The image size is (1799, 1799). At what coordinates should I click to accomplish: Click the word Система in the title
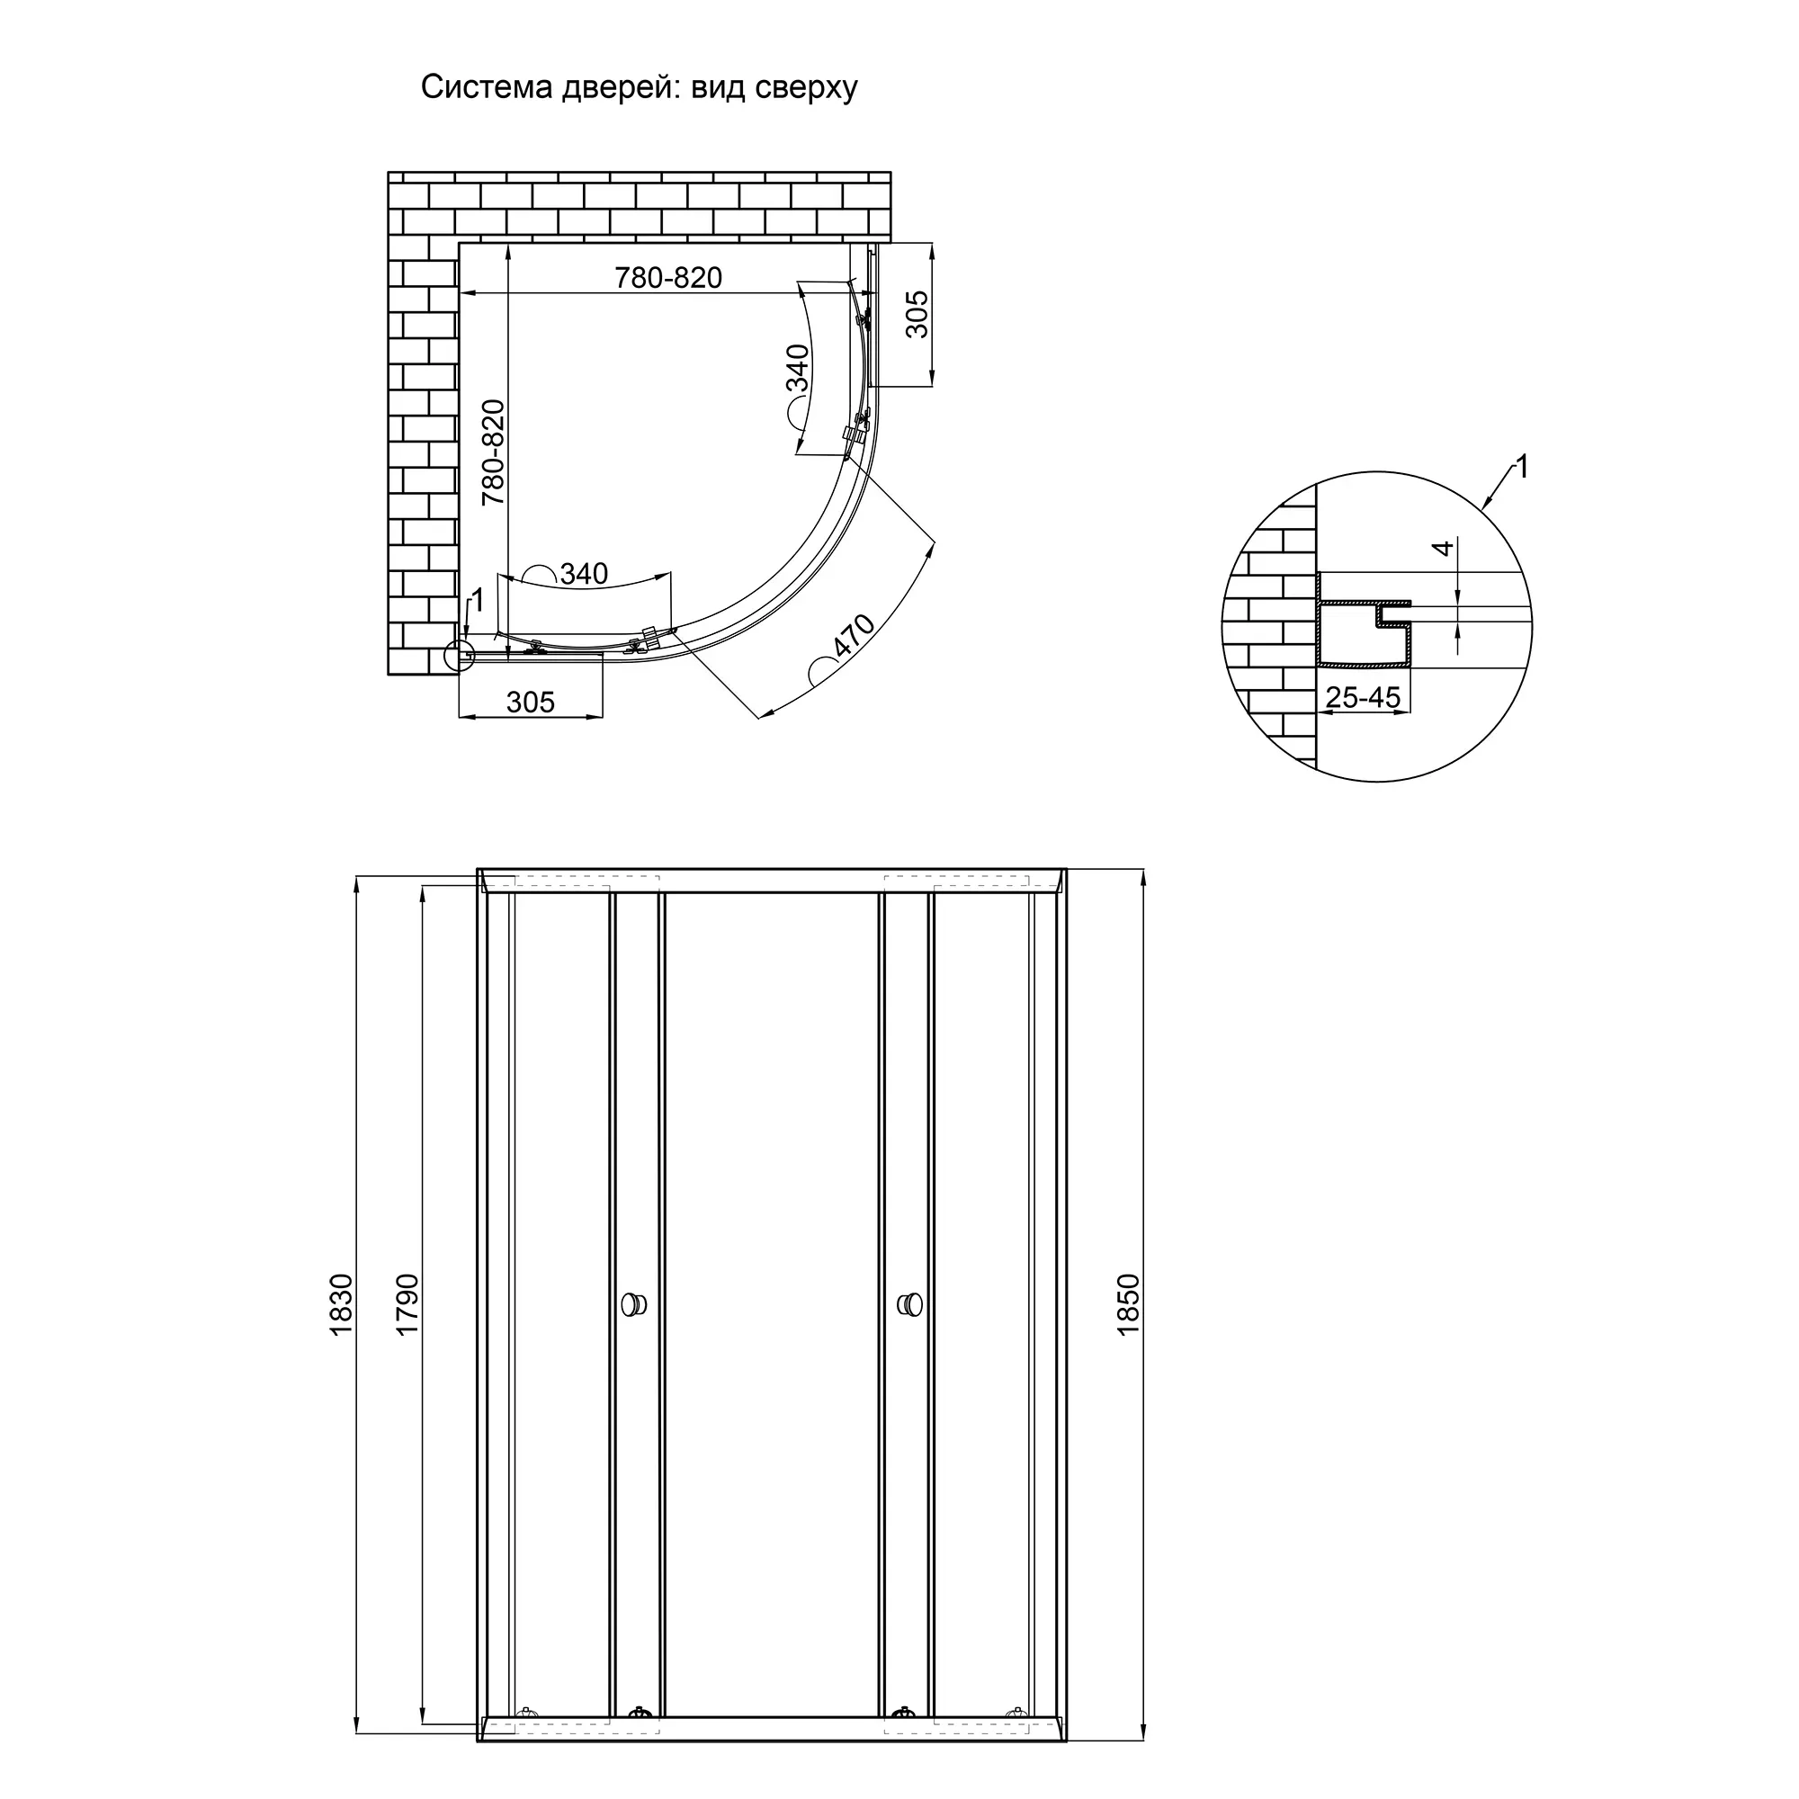click(487, 86)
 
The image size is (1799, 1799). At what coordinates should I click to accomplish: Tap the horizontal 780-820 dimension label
click(668, 276)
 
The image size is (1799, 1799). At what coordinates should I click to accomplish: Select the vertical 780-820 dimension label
click(493, 452)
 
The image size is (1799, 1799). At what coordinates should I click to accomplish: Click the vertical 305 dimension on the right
click(917, 314)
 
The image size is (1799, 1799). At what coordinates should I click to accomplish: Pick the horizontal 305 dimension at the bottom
click(531, 702)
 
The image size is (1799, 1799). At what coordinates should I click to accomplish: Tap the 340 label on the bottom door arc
click(584, 574)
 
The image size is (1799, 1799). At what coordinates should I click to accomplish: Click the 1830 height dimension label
click(342, 1304)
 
